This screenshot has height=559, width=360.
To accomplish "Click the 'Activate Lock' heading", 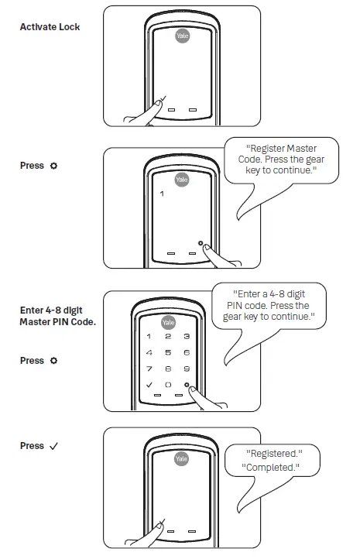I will point(50,27).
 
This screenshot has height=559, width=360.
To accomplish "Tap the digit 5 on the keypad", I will point(168,352).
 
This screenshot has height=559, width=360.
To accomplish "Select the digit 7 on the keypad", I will point(149,369).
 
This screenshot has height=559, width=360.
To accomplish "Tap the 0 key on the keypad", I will point(168,384).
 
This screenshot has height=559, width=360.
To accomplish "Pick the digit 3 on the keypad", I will point(187,337).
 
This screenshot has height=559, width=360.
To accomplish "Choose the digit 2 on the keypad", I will point(168,337).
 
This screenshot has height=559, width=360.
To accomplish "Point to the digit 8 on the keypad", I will point(168,369).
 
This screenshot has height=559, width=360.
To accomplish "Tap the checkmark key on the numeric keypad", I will point(149,384).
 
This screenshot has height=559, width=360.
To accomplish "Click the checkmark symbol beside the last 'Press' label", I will point(53,446).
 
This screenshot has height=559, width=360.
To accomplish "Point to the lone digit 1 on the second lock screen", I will point(162,194).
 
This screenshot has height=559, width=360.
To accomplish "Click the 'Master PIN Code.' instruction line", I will point(57,322).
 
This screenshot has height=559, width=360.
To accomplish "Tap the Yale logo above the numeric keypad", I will point(168,322).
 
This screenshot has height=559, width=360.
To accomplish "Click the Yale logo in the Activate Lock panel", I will point(181,38).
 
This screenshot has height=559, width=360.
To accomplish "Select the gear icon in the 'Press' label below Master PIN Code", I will point(53,361).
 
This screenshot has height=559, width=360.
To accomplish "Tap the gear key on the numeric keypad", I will point(187,384).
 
